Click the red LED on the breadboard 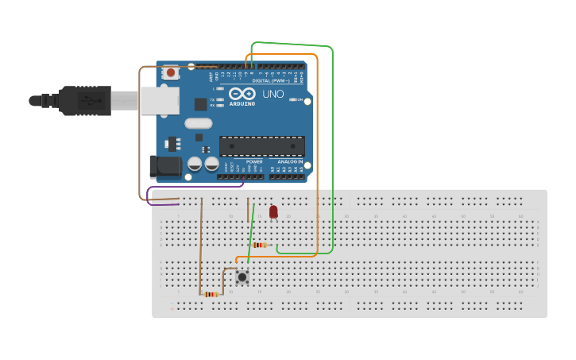pos(273,211)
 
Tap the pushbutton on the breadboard pos(242,277)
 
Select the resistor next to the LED pos(260,245)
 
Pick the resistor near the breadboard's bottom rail pos(211,295)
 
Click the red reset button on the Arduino pos(170,73)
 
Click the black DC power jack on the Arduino pos(164,167)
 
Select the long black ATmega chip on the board pos(261,147)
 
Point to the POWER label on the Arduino pos(253,161)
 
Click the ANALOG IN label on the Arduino pos(286,161)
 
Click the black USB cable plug pos(79,101)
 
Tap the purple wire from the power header pos(191,188)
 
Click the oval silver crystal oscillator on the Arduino pos(199,123)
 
